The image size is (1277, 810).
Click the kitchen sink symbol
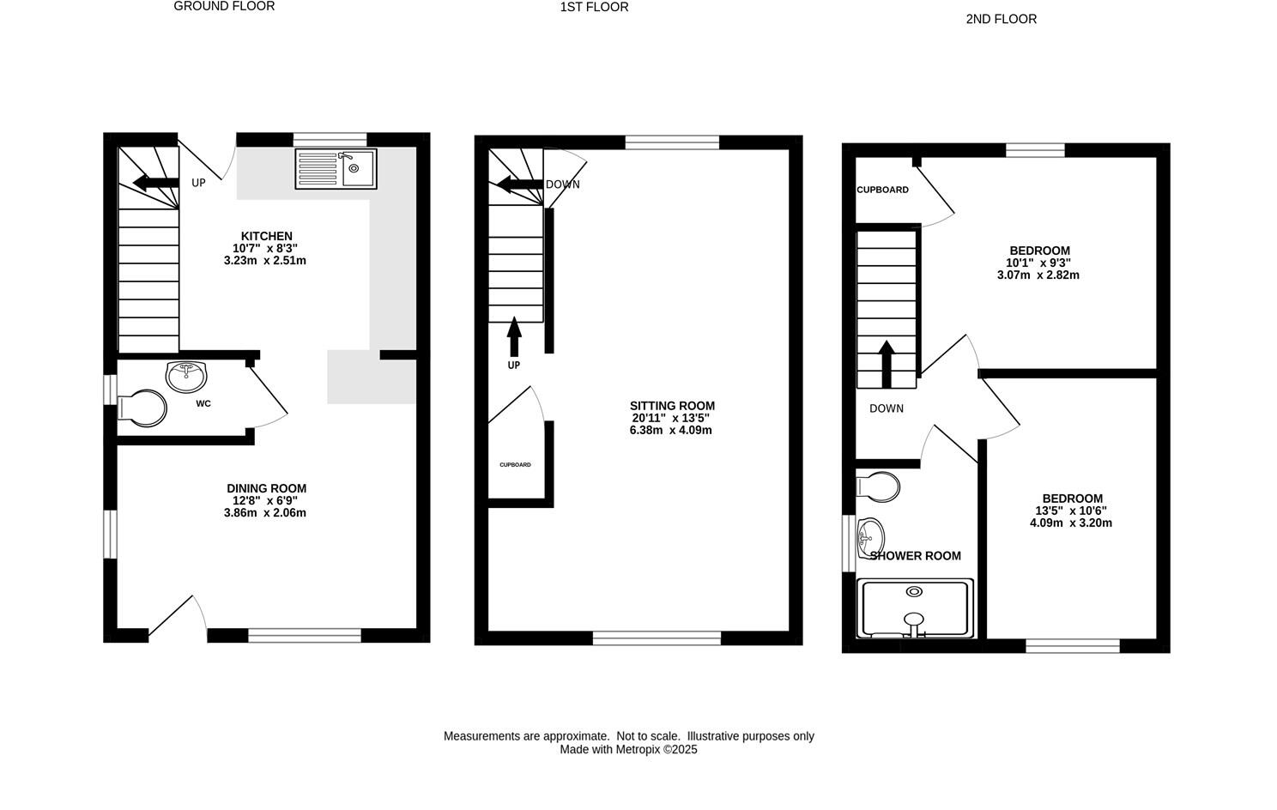[x=336, y=168]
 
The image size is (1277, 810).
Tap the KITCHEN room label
[x=266, y=236]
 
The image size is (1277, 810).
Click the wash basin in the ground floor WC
[x=186, y=375]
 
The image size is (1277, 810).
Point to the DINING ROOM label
[x=266, y=488]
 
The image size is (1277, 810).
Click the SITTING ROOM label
[x=672, y=406]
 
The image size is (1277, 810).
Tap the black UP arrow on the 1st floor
[x=514, y=336]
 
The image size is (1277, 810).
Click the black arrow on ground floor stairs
[x=151, y=182]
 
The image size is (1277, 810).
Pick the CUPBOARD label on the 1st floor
[x=515, y=465]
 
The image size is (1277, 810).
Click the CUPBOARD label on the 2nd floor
[x=882, y=190]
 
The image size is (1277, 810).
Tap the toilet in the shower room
[x=879, y=487]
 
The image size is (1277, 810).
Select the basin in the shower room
[x=870, y=537]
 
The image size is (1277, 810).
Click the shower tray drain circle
[x=915, y=591]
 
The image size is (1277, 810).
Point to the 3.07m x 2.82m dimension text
[x=1038, y=275]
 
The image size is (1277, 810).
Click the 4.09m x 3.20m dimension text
[x=1070, y=523]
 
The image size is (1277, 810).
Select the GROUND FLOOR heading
[x=224, y=6]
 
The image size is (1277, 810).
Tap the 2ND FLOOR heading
[x=1001, y=19]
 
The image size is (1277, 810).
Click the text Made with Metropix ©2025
[x=628, y=749]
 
